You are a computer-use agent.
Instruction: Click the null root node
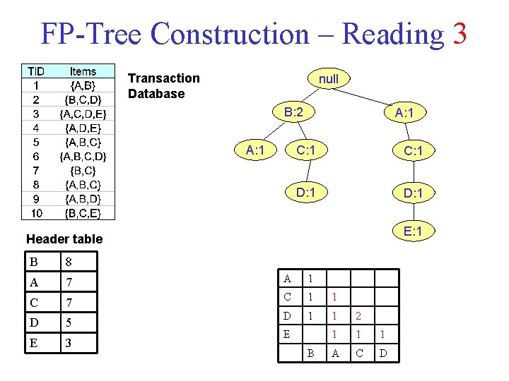point(328,79)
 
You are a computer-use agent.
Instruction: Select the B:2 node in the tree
point(294,112)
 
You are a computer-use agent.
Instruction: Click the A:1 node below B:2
point(255,150)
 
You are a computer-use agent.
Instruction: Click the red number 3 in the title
point(459,33)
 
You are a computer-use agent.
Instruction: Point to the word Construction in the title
point(229,33)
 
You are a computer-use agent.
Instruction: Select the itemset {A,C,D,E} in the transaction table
point(83,114)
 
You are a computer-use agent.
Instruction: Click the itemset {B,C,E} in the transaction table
point(83,212)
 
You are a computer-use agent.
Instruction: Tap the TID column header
point(35,71)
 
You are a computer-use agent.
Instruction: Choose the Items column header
point(83,71)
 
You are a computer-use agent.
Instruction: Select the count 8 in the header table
point(68,262)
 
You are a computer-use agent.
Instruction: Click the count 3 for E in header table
point(68,344)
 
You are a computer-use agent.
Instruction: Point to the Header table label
point(64,239)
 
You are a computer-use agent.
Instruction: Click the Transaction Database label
point(163,85)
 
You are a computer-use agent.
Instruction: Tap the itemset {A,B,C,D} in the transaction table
point(83,156)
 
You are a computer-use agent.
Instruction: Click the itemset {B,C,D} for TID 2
point(83,99)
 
